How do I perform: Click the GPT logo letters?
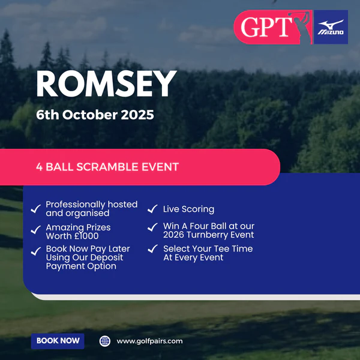tap(266, 27)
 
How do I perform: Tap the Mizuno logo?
tap(331, 27)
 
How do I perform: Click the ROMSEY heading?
tap(106, 83)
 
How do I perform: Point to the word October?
tap(90, 115)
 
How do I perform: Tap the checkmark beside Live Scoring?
tap(152, 209)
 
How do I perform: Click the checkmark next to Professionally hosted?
tap(36, 209)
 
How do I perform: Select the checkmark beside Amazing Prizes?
tap(36, 230)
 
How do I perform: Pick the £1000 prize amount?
tap(85, 236)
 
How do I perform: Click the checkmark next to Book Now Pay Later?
tap(36, 251)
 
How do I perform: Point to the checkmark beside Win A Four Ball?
tap(152, 227)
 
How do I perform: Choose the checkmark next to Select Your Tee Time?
tap(152, 248)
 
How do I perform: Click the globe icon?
tap(104, 341)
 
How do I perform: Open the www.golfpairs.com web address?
tap(149, 341)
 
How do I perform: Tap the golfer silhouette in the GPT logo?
tap(301, 27)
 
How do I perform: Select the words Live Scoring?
tap(189, 209)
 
